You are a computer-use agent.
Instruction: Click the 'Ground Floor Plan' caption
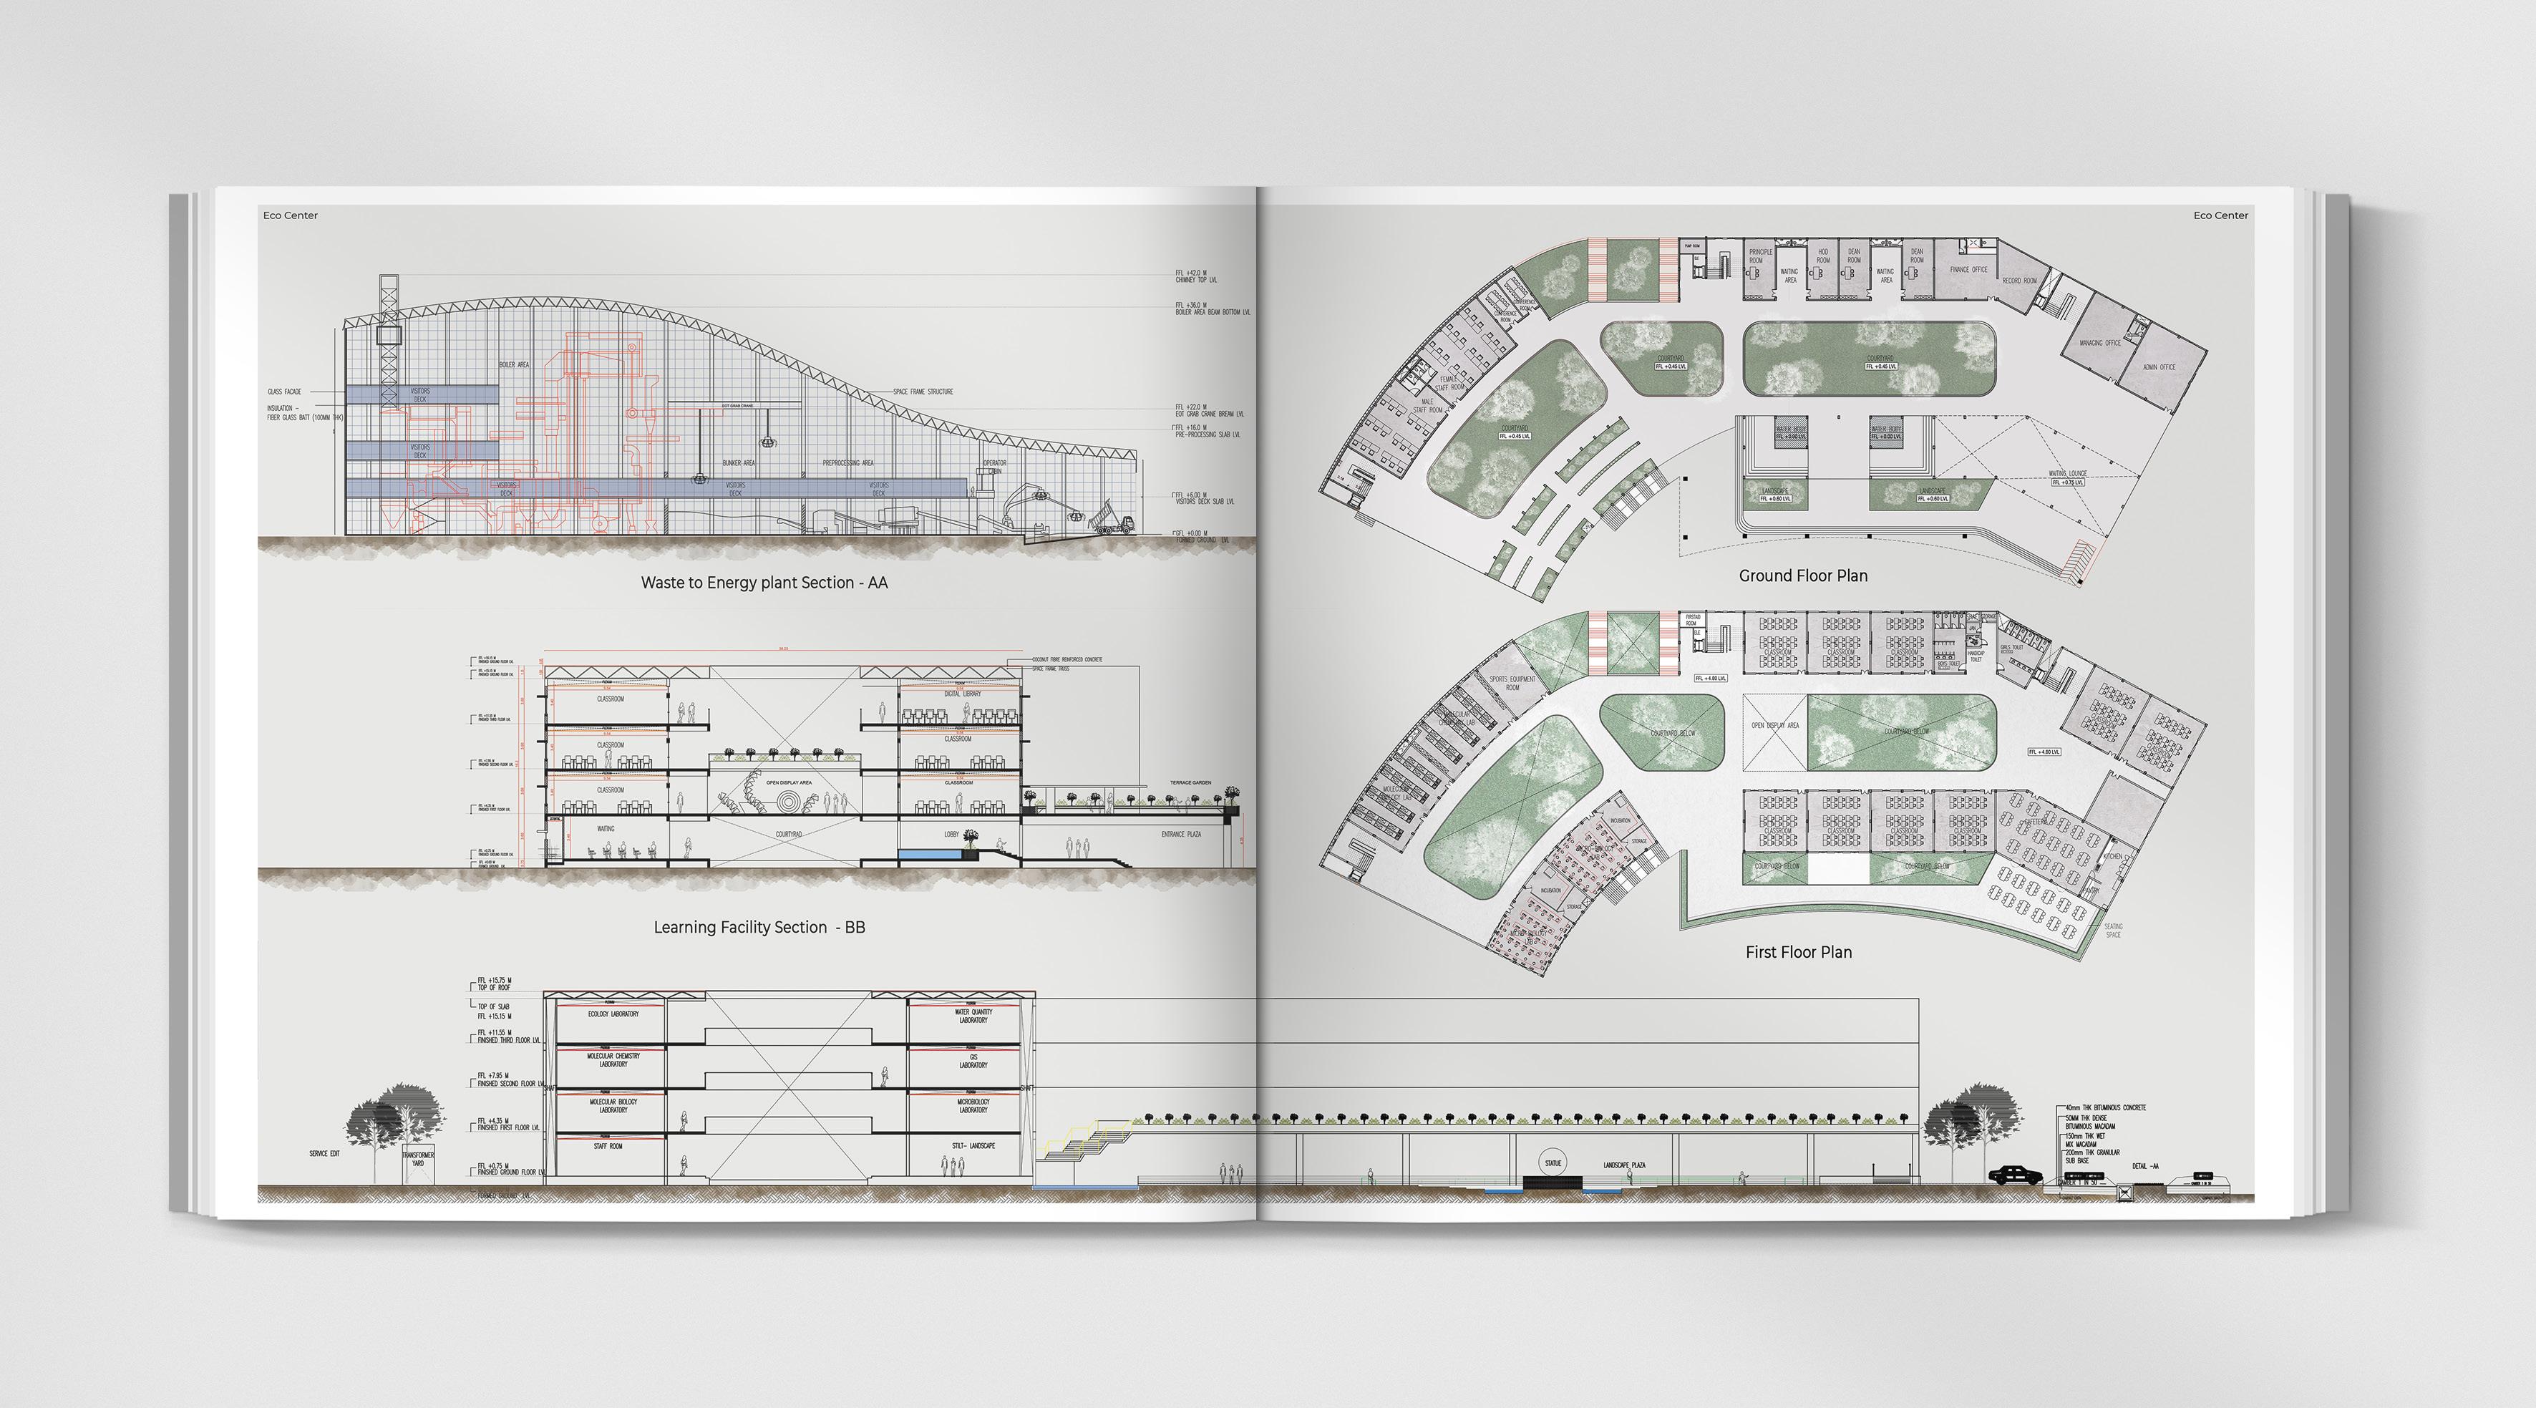pyautogui.click(x=1802, y=576)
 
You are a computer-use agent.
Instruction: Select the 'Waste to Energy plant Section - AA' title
pyautogui.click(x=764, y=583)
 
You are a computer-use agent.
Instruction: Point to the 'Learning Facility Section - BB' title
pyautogui.click(x=759, y=928)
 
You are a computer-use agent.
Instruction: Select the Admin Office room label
pyautogui.click(x=2159, y=367)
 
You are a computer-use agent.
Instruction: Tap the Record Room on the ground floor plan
pyautogui.click(x=2019, y=281)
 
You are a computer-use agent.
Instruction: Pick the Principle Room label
pyautogui.click(x=1760, y=256)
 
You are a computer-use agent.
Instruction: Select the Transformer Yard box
pyautogui.click(x=417, y=1159)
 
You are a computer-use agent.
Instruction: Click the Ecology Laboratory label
pyautogui.click(x=613, y=1014)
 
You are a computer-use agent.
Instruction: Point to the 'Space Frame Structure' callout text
pyautogui.click(x=923, y=392)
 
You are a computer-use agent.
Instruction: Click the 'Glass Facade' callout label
pyautogui.click(x=284, y=392)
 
